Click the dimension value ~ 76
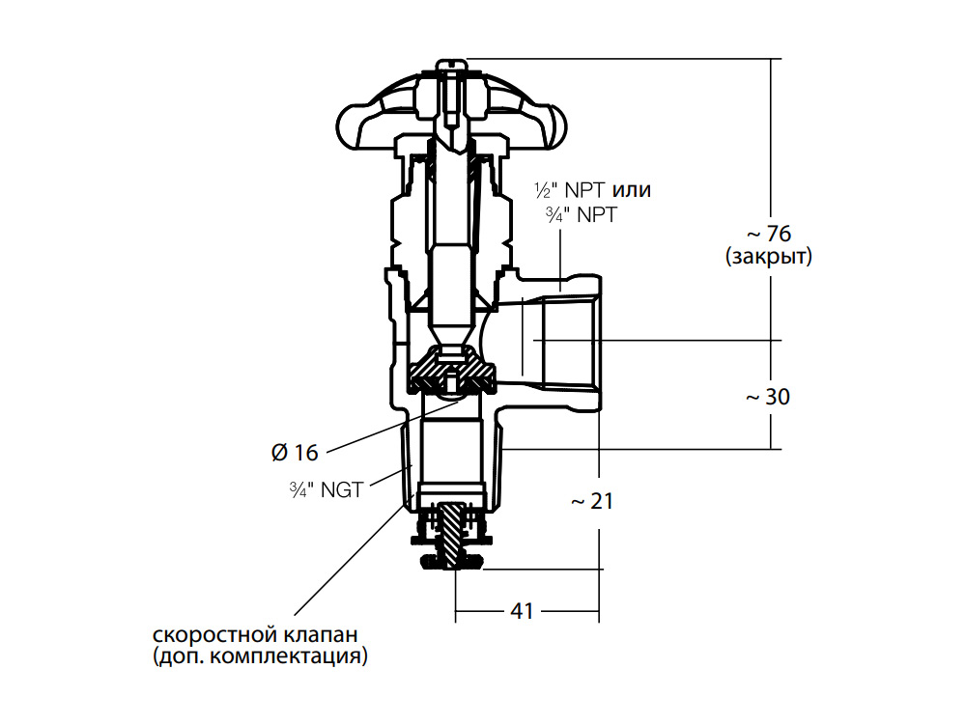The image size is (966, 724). point(769,234)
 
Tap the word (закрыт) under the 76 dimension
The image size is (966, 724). point(769,256)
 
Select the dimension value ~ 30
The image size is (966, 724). point(768,397)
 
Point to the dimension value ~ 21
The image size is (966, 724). point(593,501)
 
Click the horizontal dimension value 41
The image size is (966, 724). point(522,611)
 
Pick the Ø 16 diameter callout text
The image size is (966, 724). point(295,453)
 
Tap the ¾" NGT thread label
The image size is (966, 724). point(327,490)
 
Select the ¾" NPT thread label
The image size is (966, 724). point(581,215)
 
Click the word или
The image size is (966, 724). point(632,190)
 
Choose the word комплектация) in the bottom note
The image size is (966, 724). point(289,656)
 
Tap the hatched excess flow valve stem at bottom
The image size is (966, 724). point(455,535)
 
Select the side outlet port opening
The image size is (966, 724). point(571,340)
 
